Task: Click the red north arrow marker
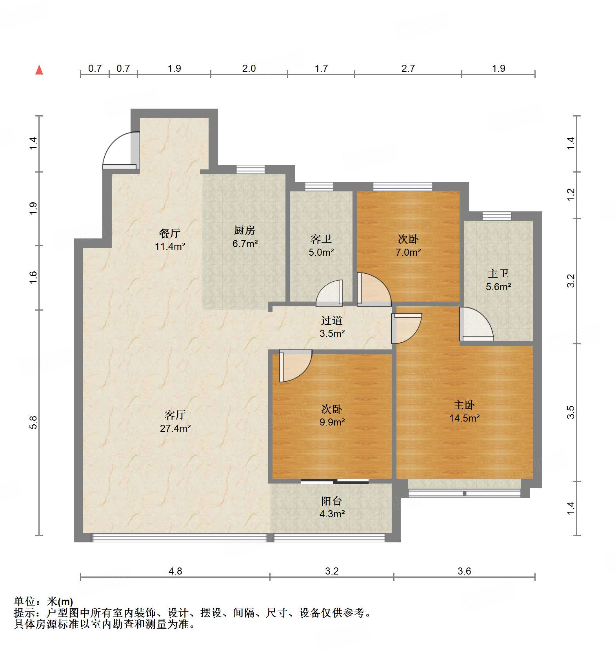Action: [39, 70]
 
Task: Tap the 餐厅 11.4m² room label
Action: [170, 240]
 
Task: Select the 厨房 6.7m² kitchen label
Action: [245, 237]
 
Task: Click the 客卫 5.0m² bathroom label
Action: [321, 245]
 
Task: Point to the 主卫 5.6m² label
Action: [498, 280]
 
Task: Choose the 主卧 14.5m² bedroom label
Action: [464, 411]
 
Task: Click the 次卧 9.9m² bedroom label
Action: [332, 415]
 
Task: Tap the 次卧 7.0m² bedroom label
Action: [408, 245]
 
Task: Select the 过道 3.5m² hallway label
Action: [332, 327]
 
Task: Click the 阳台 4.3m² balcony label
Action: [332, 507]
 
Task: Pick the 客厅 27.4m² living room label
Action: [175, 422]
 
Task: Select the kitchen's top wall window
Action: [251, 169]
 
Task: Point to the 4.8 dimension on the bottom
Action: [175, 571]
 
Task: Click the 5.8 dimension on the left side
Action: [33, 422]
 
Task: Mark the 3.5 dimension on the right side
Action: [571, 412]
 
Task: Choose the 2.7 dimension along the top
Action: [408, 68]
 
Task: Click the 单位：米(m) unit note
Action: [44, 602]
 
